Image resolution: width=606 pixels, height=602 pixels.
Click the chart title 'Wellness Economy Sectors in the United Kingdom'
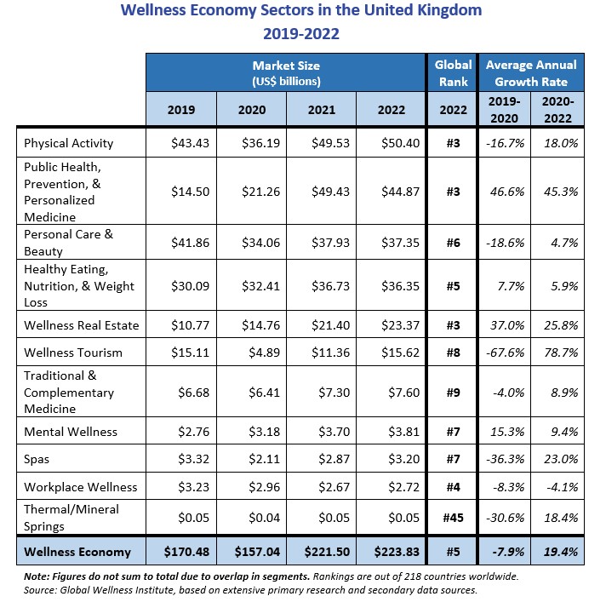tap(301, 11)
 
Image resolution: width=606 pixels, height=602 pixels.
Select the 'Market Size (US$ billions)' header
tap(286, 73)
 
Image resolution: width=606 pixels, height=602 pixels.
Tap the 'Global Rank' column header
tap(453, 73)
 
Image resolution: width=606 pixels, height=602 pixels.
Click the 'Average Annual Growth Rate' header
tap(530, 73)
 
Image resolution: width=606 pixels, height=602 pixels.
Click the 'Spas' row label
tap(37, 459)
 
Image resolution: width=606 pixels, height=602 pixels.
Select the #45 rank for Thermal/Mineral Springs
tap(453, 516)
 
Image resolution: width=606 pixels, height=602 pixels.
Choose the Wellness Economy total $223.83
tap(390, 551)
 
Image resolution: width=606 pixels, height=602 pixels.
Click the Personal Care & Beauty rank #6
tap(453, 243)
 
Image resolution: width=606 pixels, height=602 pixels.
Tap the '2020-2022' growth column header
tap(558, 109)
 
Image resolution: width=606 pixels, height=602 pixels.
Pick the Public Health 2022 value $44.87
tap(390, 192)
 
